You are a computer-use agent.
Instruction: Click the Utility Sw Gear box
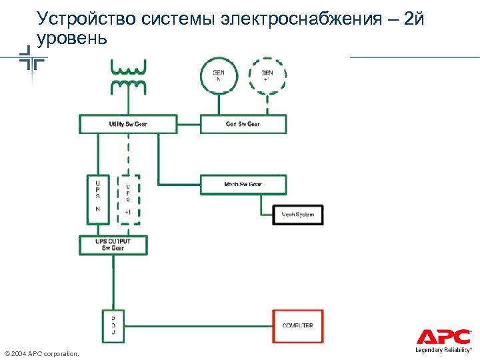[x=128, y=124]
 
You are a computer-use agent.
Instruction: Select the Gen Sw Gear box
[x=243, y=124]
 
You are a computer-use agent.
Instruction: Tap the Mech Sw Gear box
[x=243, y=184]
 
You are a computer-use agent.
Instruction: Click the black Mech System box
[x=298, y=215]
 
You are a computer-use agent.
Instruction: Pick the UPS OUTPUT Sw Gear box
[x=113, y=245]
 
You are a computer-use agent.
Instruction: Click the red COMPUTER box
[x=298, y=325]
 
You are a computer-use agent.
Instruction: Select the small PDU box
[x=113, y=325]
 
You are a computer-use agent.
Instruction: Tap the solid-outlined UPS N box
[x=98, y=199]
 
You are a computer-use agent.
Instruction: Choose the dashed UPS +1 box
[x=128, y=199]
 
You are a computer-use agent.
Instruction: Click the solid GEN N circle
[x=218, y=75]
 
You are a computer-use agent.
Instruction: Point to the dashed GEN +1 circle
[x=267, y=75]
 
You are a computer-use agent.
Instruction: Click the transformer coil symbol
[x=128, y=75]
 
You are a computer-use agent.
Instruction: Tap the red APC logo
[x=443, y=337]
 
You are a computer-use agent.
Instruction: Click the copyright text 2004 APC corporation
[x=41, y=353]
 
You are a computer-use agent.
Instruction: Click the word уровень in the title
[x=72, y=39]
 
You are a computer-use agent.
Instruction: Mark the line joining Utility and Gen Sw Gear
[x=189, y=124]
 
